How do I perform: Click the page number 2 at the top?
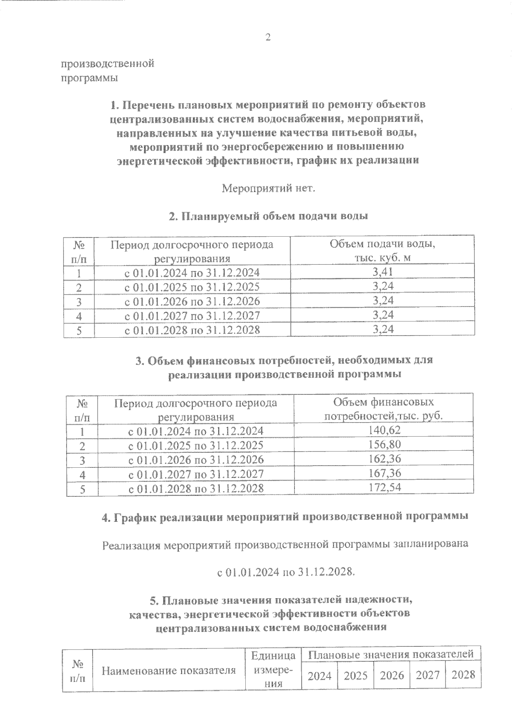[268, 38]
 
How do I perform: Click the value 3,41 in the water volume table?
[383, 272]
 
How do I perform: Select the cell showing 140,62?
[384, 430]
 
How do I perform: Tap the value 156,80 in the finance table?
[384, 445]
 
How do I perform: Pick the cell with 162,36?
[384, 459]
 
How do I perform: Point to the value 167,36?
[384, 473]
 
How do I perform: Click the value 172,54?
[384, 487]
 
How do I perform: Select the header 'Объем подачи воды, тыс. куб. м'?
[382, 252]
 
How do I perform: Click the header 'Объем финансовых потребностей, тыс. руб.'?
[384, 409]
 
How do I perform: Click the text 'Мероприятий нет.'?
[268, 188]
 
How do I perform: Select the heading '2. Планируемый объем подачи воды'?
[268, 216]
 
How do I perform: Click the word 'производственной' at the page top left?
[108, 64]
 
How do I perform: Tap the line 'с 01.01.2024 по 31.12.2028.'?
[286, 572]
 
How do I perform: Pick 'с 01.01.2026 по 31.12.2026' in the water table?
[192, 301]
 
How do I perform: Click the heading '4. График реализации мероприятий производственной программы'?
[285, 517]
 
